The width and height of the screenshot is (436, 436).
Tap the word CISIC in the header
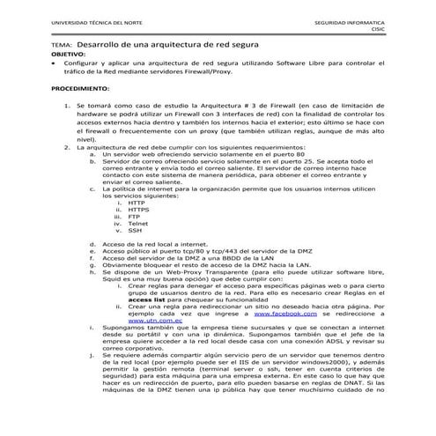point(377,27)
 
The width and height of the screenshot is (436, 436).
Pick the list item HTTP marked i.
point(136,202)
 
